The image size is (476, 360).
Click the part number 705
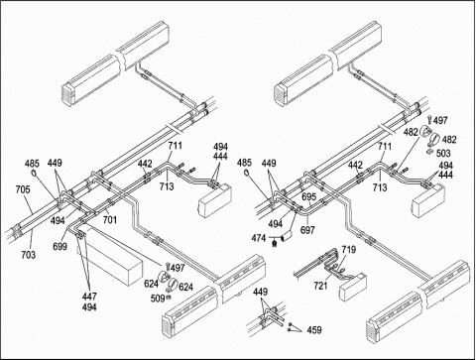tap(23, 189)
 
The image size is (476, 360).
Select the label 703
tap(29, 255)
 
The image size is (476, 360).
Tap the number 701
tap(110, 219)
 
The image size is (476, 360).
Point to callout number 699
tap(59, 246)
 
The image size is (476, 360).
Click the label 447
tap(89, 297)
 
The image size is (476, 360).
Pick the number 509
tap(158, 299)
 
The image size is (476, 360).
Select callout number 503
tap(443, 153)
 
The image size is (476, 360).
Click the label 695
tap(309, 196)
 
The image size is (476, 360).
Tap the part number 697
tap(307, 230)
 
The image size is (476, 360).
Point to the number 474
tap(259, 238)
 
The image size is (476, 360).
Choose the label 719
tap(349, 249)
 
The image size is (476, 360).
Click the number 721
tap(320, 285)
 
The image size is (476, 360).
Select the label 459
tap(314, 329)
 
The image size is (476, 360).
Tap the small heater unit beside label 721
tap(353, 287)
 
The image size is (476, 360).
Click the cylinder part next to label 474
tap(287, 236)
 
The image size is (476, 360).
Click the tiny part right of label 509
tap(169, 298)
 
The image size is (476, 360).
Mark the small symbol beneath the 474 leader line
tap(274, 244)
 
